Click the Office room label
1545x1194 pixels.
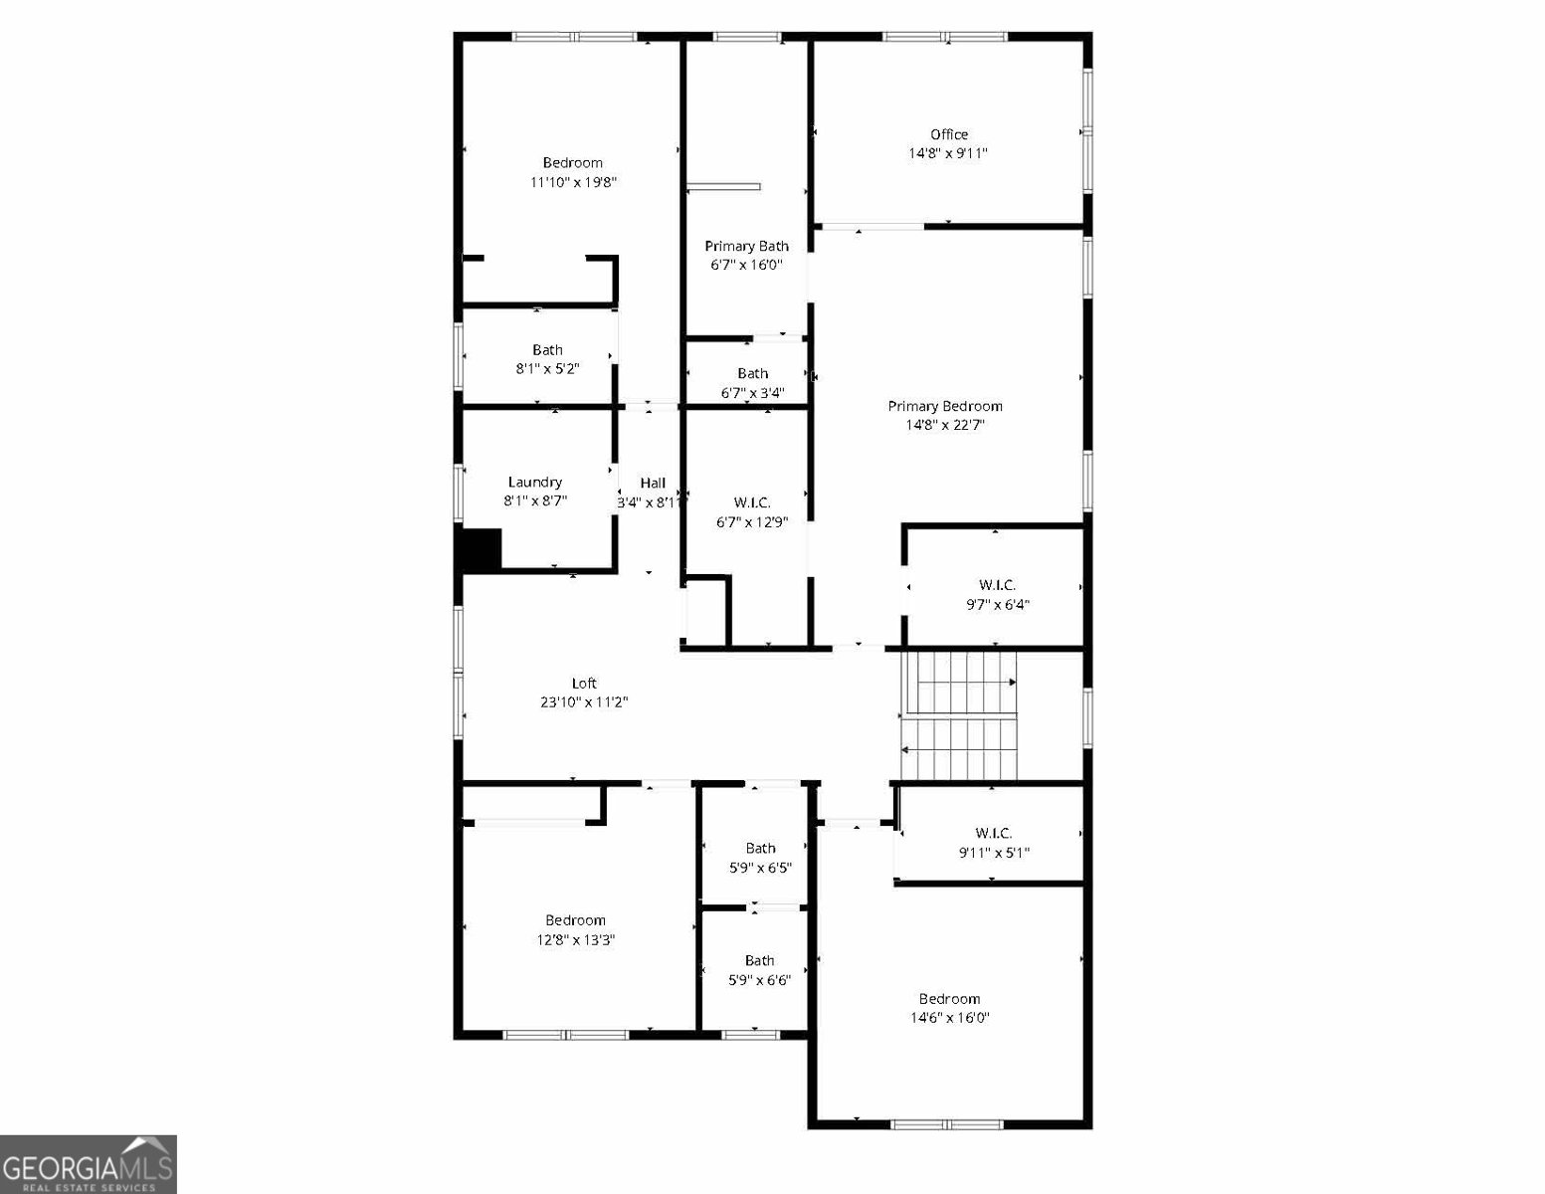pos(949,134)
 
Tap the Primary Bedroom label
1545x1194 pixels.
pos(944,406)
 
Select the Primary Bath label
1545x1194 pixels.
pos(746,246)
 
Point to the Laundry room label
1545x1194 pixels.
pos(535,483)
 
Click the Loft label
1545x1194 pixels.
pos(584,684)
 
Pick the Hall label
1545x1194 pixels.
pos(653,484)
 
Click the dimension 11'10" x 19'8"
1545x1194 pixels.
pos(573,182)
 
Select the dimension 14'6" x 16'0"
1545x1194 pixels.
pos(949,1018)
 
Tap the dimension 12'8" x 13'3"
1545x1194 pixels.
pos(575,939)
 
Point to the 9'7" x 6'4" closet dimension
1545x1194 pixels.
pos(997,604)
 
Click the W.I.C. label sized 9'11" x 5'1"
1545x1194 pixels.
pos(993,834)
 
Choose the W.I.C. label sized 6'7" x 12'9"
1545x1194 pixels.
pos(752,502)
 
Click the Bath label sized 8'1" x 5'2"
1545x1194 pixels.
pos(547,350)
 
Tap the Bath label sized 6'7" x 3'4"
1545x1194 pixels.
pos(752,373)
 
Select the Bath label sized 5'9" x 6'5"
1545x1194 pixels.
pos(760,849)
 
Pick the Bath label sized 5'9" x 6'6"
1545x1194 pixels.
pos(759,961)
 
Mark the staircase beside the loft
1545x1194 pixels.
pos(959,716)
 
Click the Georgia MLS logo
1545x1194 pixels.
pos(88,1164)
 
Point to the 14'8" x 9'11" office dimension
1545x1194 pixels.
pos(947,154)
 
